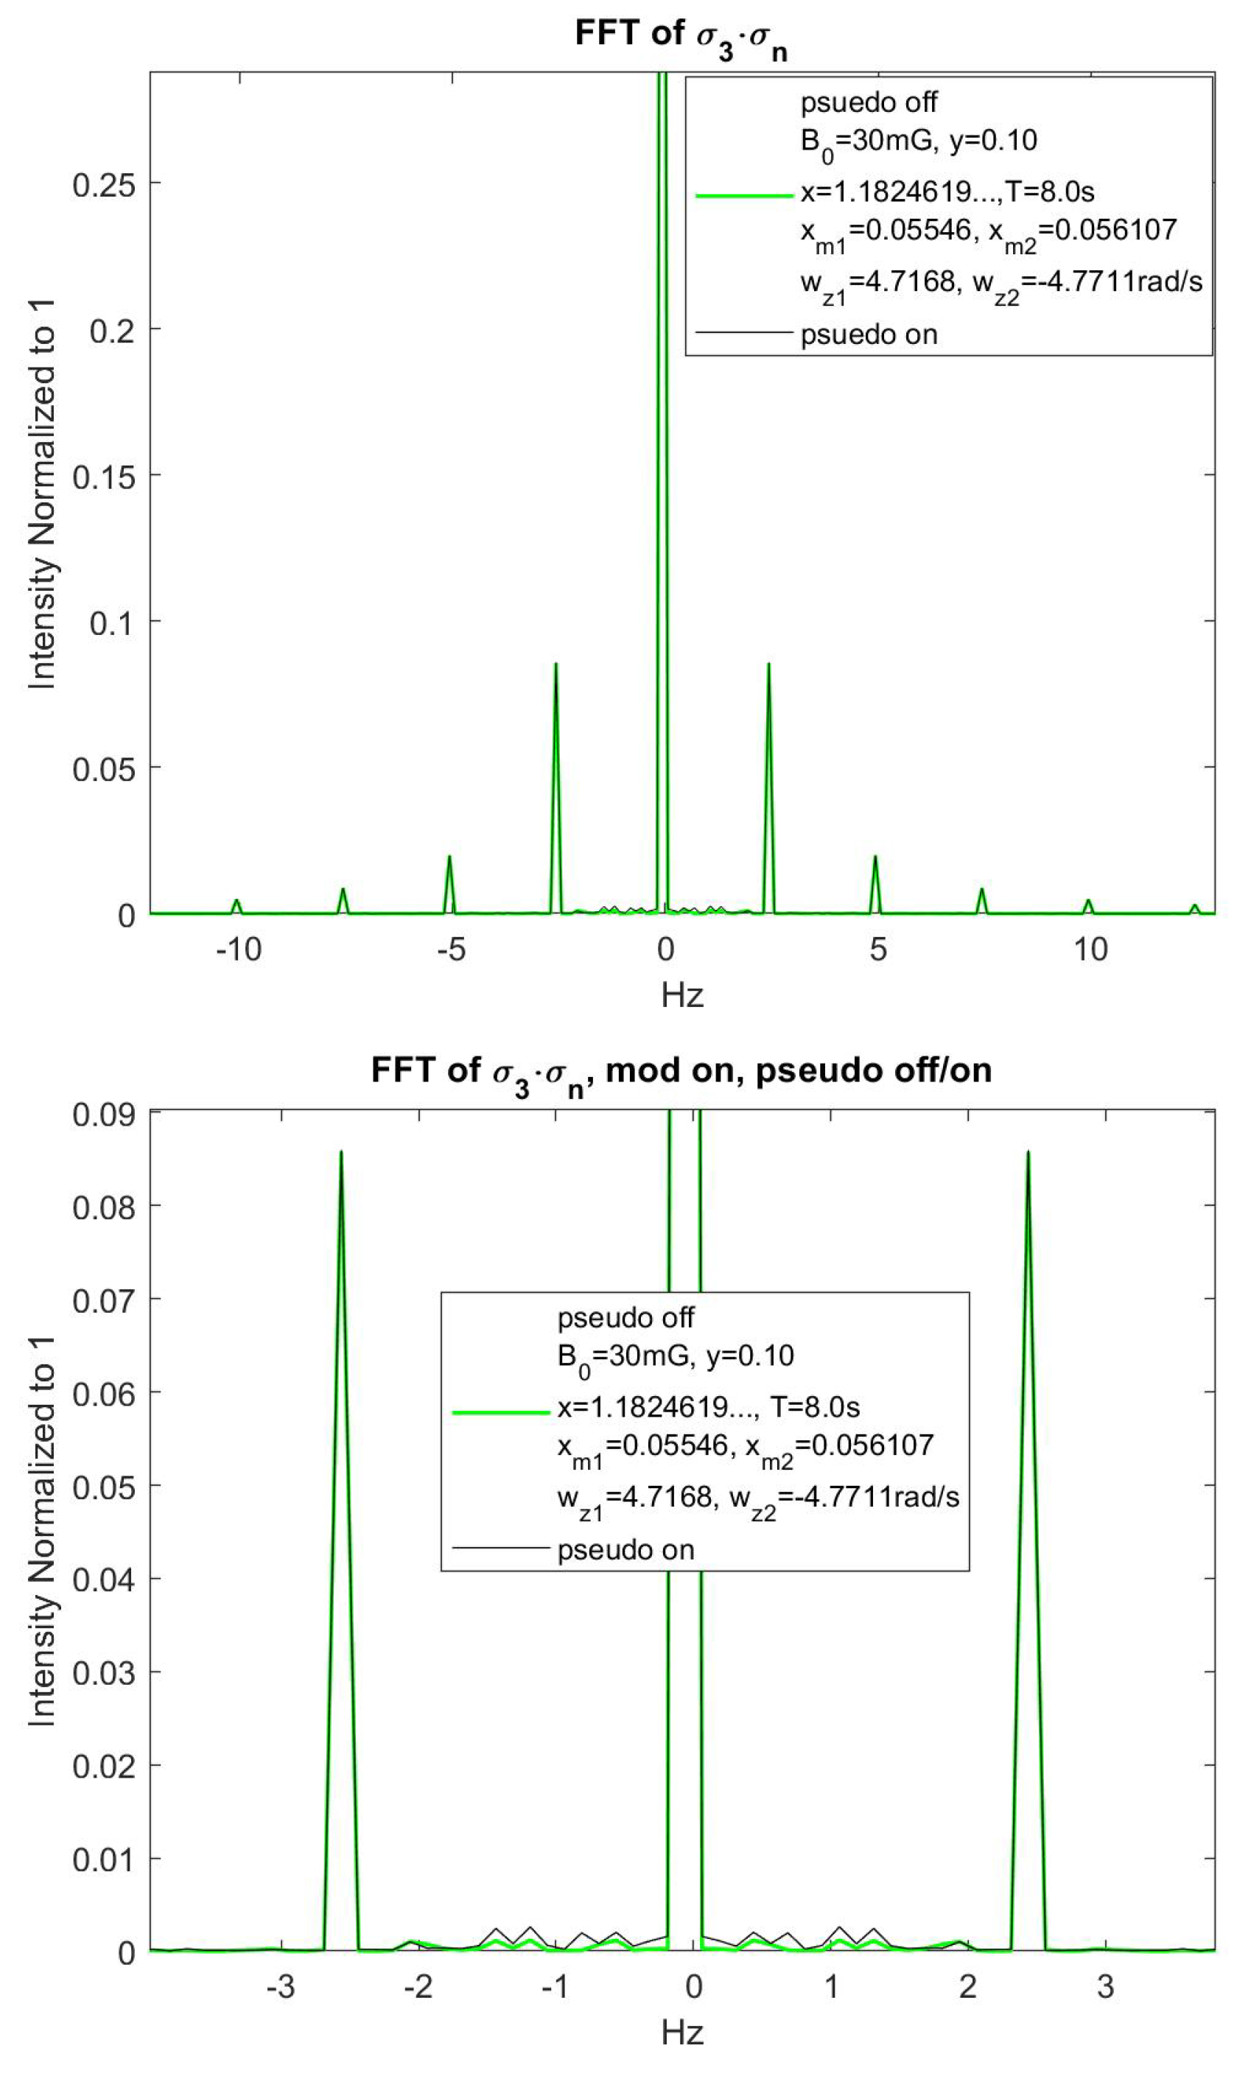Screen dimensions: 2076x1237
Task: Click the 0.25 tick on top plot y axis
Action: point(103,185)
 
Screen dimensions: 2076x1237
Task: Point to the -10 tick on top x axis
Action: point(239,950)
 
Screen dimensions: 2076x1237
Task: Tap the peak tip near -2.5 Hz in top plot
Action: point(556,665)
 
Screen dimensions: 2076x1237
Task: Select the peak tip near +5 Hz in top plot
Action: point(875,857)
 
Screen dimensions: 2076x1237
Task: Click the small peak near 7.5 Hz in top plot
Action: point(982,890)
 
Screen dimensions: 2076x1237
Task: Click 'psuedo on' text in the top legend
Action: point(869,335)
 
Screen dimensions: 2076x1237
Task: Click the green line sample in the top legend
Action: point(743,196)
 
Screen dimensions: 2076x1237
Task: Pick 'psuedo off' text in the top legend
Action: point(869,102)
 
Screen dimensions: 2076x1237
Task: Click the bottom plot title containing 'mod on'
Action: point(681,1071)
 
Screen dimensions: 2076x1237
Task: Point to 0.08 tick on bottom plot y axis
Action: point(103,1207)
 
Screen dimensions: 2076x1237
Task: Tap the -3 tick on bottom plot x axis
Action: point(280,1986)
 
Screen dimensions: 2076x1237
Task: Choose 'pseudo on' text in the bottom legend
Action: point(625,1550)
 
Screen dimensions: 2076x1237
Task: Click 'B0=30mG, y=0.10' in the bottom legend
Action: point(675,1356)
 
